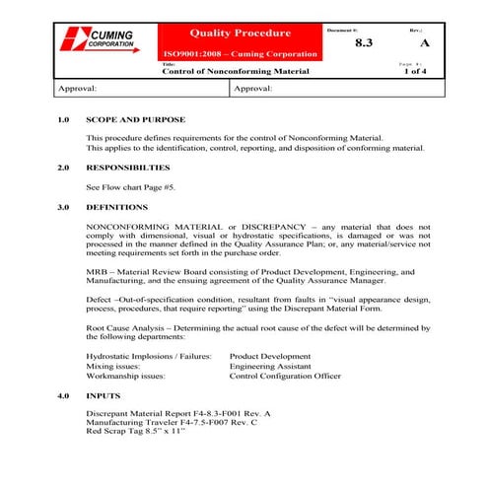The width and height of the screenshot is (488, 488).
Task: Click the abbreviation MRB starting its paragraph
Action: pos(98,271)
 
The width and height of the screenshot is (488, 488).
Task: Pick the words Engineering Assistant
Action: pos(270,365)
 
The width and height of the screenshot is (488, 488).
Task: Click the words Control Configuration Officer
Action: pos(285,376)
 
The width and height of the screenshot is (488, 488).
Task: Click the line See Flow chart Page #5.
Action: pos(131,186)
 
